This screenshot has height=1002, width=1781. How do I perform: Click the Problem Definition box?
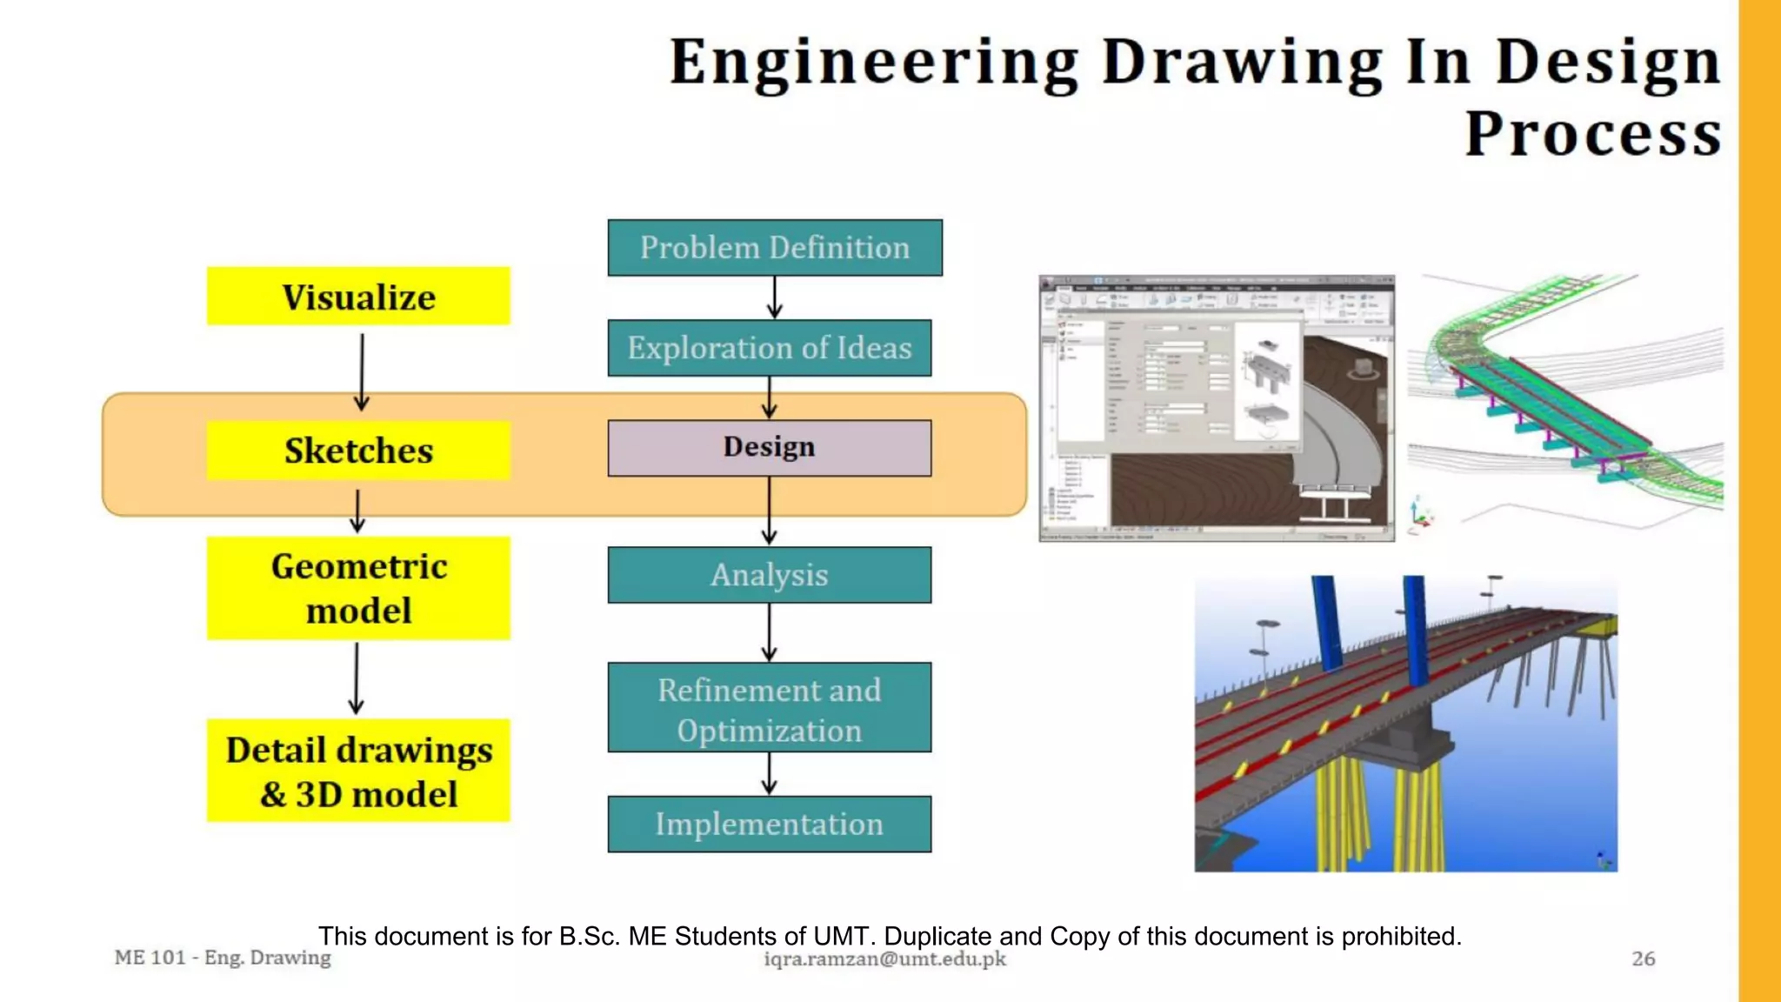pos(774,248)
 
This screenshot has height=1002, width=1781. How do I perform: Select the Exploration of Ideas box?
pos(769,348)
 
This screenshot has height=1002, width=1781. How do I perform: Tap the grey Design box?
pos(769,448)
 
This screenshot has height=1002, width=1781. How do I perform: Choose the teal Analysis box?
pos(769,575)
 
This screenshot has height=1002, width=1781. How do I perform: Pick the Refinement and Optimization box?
pos(769,708)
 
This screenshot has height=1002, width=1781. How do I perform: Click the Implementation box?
pos(769,824)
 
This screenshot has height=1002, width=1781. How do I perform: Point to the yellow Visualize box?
pos(358,297)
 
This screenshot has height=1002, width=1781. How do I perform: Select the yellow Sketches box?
pos(358,451)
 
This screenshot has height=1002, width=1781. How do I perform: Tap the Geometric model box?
pos(358,588)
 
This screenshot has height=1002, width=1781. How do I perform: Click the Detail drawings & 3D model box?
pos(358,771)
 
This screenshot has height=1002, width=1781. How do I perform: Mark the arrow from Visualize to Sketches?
pos(362,372)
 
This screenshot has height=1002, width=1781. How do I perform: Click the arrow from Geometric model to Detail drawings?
pos(357,678)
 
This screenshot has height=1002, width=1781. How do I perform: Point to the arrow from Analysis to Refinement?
pos(769,632)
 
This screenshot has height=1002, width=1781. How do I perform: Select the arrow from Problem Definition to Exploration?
pos(774,297)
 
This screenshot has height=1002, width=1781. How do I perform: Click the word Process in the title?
pos(1593,135)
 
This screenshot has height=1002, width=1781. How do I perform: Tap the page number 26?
pos(1643,959)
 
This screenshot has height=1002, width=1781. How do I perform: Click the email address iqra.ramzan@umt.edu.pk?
pos(884,959)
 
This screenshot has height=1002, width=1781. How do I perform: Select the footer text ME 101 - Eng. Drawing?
pos(223,958)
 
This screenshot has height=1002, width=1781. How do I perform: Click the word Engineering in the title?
pos(873,63)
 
